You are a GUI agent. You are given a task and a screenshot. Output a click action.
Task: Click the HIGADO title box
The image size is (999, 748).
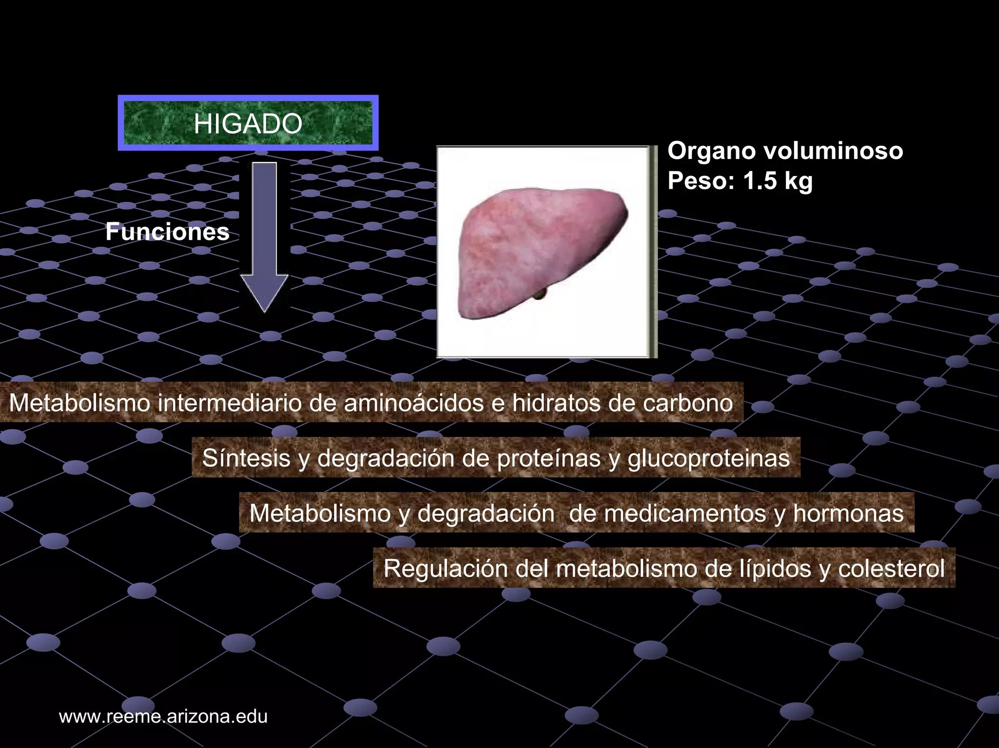click(x=248, y=123)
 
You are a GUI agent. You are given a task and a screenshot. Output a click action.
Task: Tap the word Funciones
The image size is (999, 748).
click(x=167, y=232)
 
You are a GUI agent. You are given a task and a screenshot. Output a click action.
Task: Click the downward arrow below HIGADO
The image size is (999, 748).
click(x=264, y=236)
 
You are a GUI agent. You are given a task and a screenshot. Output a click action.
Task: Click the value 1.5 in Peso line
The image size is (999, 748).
click(x=760, y=181)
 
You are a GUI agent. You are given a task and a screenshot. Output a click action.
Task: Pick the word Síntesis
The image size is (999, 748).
click(x=246, y=458)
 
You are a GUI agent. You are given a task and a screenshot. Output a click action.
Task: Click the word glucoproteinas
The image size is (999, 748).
click(x=708, y=458)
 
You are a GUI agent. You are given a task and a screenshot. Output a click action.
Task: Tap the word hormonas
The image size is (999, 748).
click(x=848, y=513)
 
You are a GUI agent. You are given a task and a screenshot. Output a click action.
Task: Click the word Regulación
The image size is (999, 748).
click(x=445, y=569)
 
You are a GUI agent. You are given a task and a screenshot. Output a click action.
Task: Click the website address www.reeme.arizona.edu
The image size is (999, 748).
click(x=163, y=716)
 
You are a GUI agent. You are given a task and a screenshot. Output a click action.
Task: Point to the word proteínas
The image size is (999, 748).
click(x=549, y=458)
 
